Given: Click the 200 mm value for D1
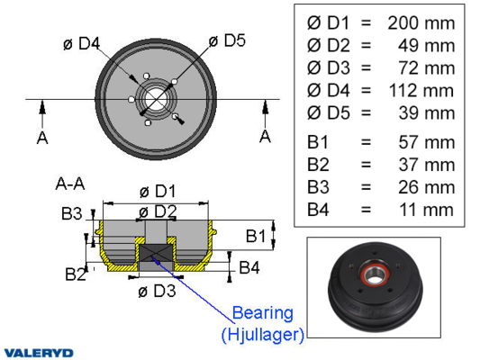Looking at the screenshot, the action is (421, 23).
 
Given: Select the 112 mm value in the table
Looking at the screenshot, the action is (421, 91).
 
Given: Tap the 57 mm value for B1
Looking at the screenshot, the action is (427, 142).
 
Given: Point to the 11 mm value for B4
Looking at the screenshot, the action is (427, 210).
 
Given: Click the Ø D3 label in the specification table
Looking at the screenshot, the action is (328, 67).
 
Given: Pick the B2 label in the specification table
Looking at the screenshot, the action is (318, 165).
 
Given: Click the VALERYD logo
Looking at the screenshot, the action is (39, 353).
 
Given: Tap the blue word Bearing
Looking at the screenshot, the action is (263, 313).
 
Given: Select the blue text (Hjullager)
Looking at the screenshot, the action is (263, 334).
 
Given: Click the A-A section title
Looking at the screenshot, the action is (70, 184).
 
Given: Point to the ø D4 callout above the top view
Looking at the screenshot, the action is (81, 43).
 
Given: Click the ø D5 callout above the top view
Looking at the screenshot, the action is (227, 40).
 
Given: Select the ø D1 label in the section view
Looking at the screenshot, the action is (158, 192).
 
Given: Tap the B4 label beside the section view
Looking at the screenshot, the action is (249, 267).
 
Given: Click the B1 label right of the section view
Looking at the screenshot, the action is (256, 236).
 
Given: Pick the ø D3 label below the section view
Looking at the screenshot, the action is (157, 291).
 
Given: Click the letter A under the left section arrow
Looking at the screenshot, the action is (42, 138).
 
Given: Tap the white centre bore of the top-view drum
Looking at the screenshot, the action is (156, 99).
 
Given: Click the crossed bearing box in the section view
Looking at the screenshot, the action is (156, 253).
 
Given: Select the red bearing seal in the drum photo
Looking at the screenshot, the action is (375, 274).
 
